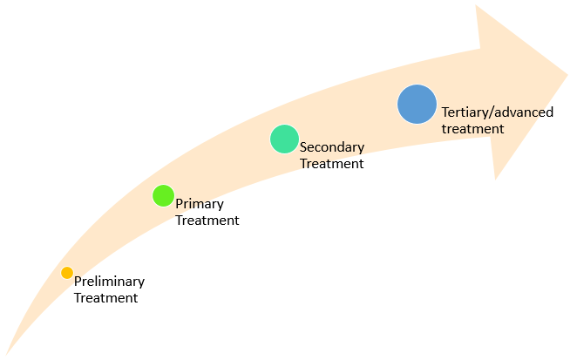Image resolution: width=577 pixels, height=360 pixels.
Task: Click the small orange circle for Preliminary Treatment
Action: [x=67, y=273]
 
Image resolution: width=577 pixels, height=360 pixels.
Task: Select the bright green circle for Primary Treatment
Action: [x=163, y=195]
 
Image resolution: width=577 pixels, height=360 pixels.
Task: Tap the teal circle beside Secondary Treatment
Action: [x=284, y=139]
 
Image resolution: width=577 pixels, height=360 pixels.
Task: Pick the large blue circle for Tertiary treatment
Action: [x=417, y=104]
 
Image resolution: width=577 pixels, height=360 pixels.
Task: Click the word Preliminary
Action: [x=109, y=282]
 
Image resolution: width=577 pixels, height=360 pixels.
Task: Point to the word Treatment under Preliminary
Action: [x=105, y=297]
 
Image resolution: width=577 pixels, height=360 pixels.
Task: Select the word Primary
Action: [x=200, y=204]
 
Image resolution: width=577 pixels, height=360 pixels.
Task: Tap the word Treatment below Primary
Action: [x=207, y=221]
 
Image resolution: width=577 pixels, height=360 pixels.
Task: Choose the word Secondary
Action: [x=332, y=147]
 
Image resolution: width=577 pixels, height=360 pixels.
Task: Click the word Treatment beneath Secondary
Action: [x=331, y=163]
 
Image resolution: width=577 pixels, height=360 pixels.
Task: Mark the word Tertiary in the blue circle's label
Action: [x=465, y=112]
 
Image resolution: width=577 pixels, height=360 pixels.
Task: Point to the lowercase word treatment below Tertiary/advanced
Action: [x=472, y=128]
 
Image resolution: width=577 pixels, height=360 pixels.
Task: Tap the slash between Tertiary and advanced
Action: [x=492, y=112]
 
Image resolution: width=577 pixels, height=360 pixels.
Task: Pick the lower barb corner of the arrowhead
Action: [x=495, y=179]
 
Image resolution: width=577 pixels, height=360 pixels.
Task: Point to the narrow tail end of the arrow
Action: [x=8, y=352]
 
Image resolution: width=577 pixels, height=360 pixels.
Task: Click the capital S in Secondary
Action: [x=303, y=147]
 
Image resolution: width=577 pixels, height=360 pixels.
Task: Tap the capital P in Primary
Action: [x=180, y=204]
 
